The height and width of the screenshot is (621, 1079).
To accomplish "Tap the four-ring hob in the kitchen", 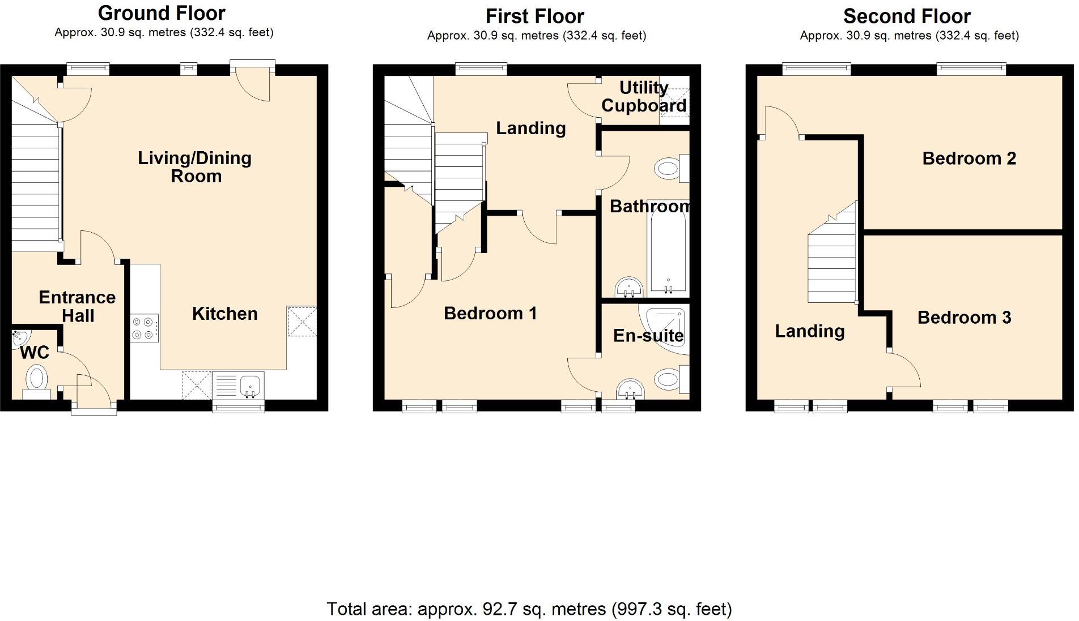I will pyautogui.click(x=144, y=328).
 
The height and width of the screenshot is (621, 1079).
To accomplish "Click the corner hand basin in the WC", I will pyautogui.click(x=18, y=339).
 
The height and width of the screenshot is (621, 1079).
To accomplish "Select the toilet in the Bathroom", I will pyautogui.click(x=670, y=168).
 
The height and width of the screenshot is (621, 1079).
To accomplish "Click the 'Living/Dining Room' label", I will pyautogui.click(x=195, y=167).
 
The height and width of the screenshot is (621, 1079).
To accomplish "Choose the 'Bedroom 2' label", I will pyautogui.click(x=969, y=159).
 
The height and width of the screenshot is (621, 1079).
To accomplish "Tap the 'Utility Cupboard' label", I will pyautogui.click(x=644, y=97).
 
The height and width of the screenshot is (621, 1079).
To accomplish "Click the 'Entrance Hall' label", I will pyautogui.click(x=77, y=306).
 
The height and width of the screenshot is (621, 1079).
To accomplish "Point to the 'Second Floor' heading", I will pyautogui.click(x=907, y=16).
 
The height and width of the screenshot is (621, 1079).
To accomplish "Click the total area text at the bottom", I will pyautogui.click(x=529, y=609).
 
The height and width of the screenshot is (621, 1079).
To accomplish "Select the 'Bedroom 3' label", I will pyautogui.click(x=964, y=318).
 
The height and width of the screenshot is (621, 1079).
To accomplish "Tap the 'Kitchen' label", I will pyautogui.click(x=224, y=314).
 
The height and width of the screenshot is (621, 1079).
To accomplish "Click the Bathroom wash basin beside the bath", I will pyautogui.click(x=628, y=287).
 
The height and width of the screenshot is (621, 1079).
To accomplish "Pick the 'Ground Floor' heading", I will pyautogui.click(x=162, y=13).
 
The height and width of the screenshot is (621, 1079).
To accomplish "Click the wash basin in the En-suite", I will pyautogui.click(x=630, y=389).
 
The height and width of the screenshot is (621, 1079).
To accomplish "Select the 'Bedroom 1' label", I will pyautogui.click(x=490, y=313).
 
